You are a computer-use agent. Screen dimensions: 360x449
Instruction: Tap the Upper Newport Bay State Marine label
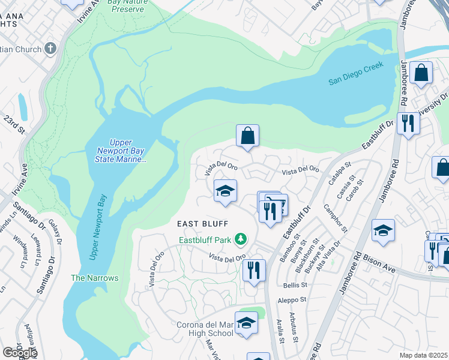(x=121, y=155)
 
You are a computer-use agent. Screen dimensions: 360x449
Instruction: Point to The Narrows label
(x=95, y=278)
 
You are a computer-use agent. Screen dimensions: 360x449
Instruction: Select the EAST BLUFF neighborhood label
(x=203, y=224)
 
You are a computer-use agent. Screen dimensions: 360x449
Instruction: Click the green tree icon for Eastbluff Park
(x=241, y=239)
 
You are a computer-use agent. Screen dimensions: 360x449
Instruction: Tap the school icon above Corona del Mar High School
(x=246, y=323)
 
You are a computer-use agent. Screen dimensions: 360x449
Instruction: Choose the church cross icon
(x=51, y=49)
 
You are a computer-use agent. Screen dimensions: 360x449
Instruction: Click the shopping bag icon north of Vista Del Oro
(x=247, y=136)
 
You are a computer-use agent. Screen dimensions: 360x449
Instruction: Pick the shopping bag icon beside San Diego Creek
(x=422, y=73)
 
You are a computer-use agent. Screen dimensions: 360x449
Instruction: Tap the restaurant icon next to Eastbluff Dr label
(x=408, y=124)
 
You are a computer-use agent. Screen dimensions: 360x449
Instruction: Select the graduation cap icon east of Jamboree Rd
(x=383, y=230)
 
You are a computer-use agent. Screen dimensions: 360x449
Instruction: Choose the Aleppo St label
(x=292, y=299)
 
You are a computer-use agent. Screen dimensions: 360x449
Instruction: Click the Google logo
(x=19, y=353)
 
